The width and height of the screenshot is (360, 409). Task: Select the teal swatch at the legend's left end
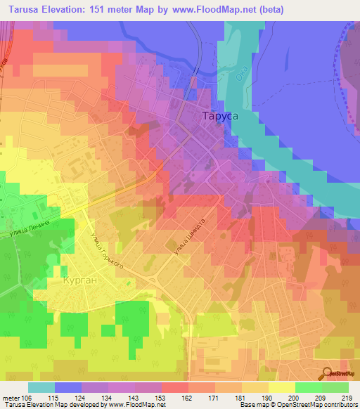[41, 387]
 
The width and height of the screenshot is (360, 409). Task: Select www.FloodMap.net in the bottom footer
[143, 405]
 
